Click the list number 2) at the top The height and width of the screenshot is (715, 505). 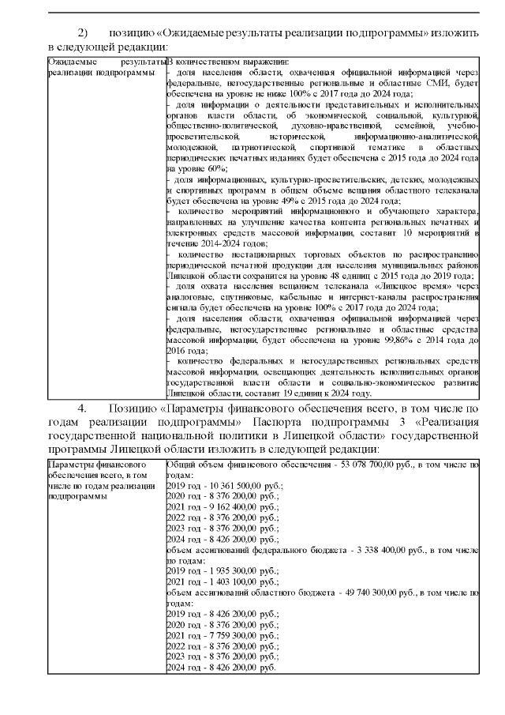tap(84, 32)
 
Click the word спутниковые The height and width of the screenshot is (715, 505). tap(228, 299)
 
